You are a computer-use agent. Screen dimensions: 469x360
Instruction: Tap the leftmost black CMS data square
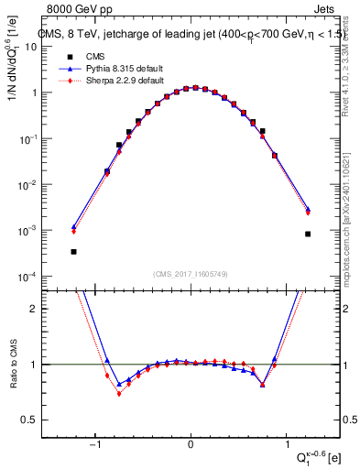click(73, 251)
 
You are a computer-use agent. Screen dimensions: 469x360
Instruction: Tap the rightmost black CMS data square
click(308, 234)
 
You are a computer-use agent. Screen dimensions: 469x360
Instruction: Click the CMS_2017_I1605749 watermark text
click(190, 273)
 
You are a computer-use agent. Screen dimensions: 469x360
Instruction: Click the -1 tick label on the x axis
click(94, 445)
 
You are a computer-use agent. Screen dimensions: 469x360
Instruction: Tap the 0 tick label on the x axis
click(190, 445)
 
